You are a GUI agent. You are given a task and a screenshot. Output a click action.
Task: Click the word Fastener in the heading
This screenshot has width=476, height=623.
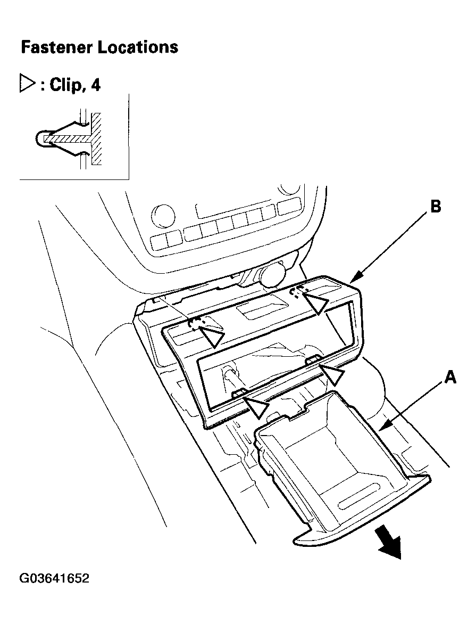(57, 47)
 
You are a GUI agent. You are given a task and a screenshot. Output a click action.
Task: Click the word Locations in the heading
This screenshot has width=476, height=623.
(138, 47)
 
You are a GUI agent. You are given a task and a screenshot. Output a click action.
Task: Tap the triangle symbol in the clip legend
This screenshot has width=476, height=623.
(28, 84)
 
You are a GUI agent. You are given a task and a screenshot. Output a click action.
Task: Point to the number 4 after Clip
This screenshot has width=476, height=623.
(96, 85)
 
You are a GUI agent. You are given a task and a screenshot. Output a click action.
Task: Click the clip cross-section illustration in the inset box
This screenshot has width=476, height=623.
(69, 138)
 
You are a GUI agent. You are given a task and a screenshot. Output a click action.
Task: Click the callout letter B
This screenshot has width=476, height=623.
(436, 206)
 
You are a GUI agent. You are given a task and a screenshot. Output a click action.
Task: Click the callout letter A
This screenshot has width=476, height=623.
(450, 376)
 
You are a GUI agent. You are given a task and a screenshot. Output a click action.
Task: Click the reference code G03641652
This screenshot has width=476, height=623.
(54, 578)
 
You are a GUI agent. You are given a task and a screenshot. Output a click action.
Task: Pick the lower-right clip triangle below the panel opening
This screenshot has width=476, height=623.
(333, 374)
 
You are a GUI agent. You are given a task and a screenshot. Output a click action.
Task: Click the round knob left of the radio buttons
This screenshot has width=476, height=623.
(163, 216)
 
